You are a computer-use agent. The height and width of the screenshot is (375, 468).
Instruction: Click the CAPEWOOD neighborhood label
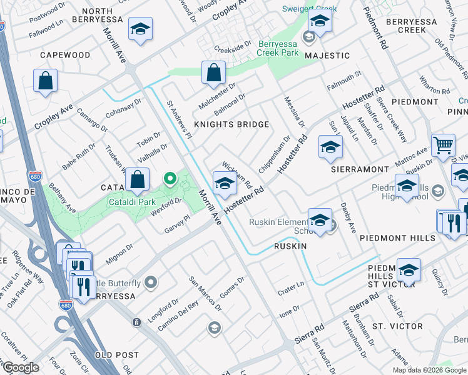65,55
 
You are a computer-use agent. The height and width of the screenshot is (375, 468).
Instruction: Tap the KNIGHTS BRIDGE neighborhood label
231,124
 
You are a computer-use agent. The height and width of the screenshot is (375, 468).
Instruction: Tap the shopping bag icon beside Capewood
46,81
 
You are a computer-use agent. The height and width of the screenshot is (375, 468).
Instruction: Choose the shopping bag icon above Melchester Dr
214,72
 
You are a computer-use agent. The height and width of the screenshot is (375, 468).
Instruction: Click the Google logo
21,367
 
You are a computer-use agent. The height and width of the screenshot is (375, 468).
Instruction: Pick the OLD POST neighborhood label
116,355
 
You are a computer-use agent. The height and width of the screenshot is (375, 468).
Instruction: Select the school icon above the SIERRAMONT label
330,147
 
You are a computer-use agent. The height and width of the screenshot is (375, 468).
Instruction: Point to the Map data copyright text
429,370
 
